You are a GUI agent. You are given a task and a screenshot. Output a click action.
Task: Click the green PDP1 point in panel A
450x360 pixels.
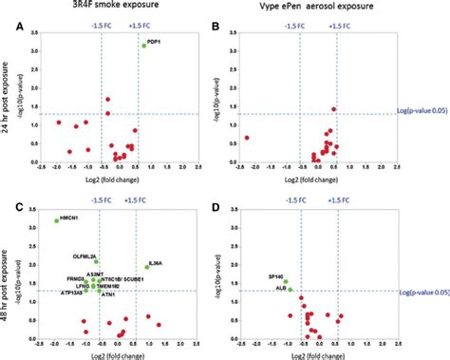(x=143, y=46)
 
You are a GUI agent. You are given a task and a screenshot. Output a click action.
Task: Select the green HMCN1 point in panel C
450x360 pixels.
(x=57, y=220)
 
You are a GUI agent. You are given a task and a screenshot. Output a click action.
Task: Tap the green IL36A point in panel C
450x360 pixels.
(x=146, y=267)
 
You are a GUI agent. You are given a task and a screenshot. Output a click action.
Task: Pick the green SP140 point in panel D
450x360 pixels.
(x=285, y=281)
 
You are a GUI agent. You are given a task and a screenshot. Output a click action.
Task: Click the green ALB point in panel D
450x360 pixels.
(x=290, y=289)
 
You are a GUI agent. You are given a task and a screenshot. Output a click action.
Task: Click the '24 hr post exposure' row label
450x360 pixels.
(x=9, y=95)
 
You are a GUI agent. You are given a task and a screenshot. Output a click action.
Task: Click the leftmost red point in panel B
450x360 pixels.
(x=247, y=138)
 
